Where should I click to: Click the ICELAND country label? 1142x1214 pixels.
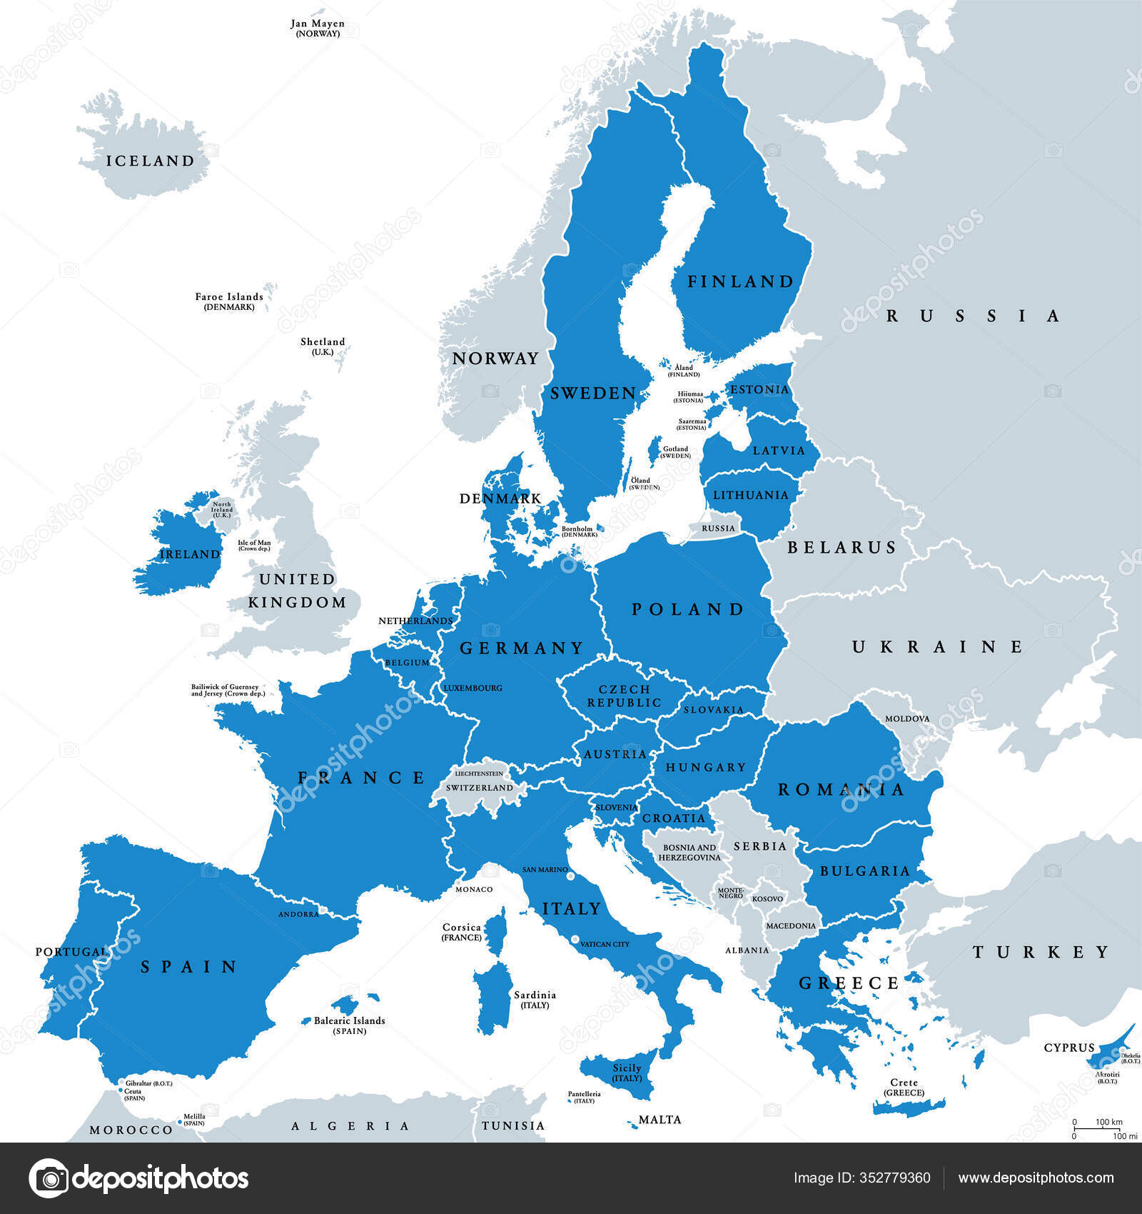click(x=150, y=161)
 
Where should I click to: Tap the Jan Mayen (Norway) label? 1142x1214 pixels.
click(x=318, y=28)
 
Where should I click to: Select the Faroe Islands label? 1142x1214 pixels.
click(x=229, y=301)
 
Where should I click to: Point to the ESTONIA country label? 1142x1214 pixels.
click(x=759, y=389)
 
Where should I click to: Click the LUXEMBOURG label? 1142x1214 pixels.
click(x=473, y=688)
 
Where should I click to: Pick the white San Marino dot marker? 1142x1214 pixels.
click(x=571, y=875)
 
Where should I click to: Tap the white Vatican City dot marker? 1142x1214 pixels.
click(x=575, y=939)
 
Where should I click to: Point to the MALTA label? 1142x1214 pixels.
click(x=660, y=1119)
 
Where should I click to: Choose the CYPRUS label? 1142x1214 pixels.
click(x=1069, y=1048)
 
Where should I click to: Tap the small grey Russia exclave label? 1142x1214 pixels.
click(x=718, y=528)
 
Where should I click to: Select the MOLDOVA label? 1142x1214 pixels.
click(x=907, y=718)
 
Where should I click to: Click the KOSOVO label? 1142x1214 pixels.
click(x=767, y=899)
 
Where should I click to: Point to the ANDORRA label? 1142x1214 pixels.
click(x=298, y=914)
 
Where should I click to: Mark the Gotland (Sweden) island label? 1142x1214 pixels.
click(x=675, y=452)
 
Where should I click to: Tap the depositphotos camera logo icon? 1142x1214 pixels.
click(x=49, y=1178)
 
